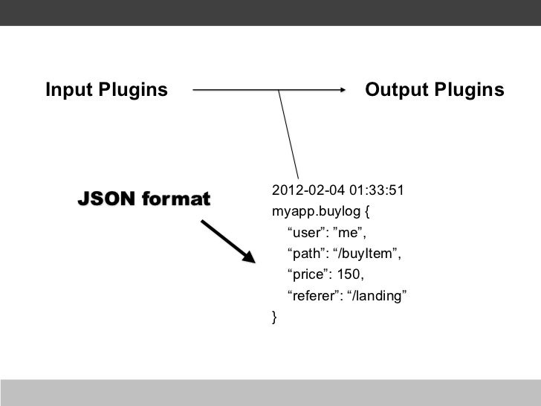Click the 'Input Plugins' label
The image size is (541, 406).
(106, 91)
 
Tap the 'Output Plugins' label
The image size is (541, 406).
(435, 91)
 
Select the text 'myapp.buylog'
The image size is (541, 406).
(315, 210)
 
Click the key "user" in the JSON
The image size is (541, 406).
(304, 232)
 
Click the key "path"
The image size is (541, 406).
(304, 254)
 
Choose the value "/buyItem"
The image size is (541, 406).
(368, 254)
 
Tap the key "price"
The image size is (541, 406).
(306, 276)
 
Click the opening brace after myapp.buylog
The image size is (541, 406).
(367, 210)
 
